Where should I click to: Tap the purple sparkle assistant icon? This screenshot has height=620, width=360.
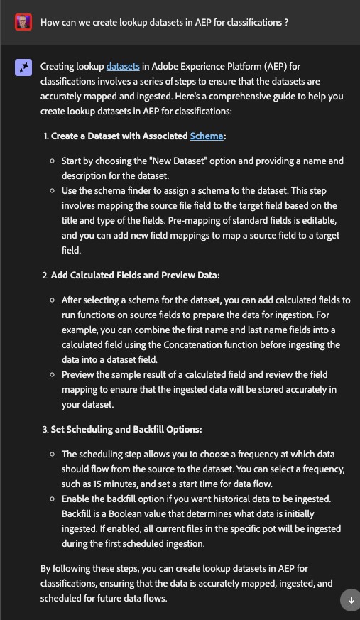tap(23, 67)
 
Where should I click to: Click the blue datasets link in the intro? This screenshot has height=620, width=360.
tap(123, 67)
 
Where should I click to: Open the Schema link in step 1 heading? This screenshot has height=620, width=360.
tap(207, 136)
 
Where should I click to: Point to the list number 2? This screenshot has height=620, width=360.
tap(45, 275)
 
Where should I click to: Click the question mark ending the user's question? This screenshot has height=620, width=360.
tap(285, 23)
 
